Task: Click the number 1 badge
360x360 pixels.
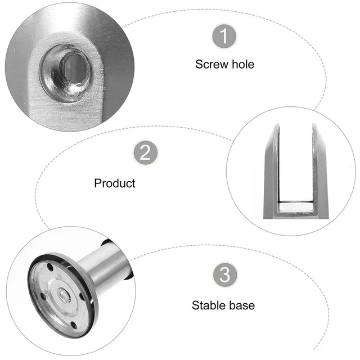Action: click(224, 37)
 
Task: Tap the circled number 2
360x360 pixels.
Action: click(145, 153)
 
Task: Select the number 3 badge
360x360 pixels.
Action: click(224, 276)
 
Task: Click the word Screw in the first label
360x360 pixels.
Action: click(211, 64)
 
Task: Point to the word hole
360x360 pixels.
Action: click(243, 64)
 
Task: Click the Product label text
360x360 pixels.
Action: click(115, 183)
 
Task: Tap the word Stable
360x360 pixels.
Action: click(210, 306)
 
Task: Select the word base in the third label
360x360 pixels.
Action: click(242, 306)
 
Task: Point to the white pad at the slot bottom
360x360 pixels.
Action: click(296, 208)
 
